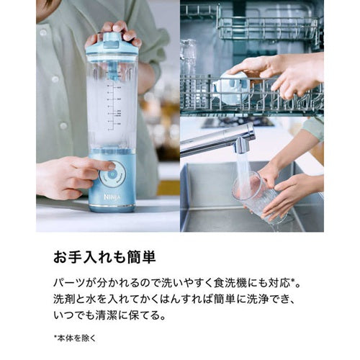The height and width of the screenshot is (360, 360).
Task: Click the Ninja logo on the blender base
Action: point(112,197)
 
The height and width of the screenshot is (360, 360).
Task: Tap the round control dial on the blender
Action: point(112,174)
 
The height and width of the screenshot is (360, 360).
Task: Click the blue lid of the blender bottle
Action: point(112,44)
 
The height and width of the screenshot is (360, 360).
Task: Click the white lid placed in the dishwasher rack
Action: point(231,89)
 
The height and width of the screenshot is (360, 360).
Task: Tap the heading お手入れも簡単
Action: point(104,257)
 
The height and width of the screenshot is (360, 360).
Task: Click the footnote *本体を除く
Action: point(75,338)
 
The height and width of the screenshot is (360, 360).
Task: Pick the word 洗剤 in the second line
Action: point(64,299)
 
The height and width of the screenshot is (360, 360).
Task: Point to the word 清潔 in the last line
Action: point(107,315)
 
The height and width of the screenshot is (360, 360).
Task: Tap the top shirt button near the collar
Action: point(43,32)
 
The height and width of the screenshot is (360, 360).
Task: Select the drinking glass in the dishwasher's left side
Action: point(188,60)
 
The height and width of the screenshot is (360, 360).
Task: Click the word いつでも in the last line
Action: point(74,315)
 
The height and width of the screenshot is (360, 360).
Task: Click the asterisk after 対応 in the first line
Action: point(293,281)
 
